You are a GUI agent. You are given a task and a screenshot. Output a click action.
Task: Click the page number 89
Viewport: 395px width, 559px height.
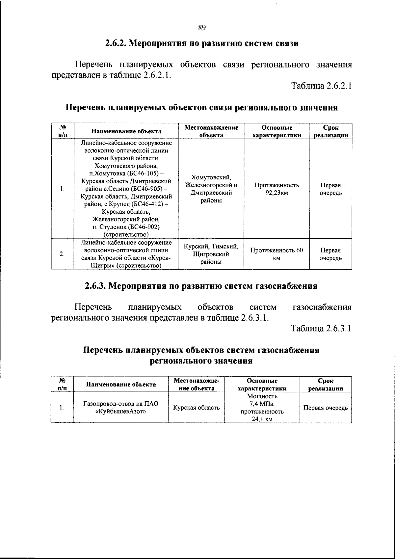pyautogui.click(x=202, y=28)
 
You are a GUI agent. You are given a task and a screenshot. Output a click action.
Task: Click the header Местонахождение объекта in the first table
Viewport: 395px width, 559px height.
pyautogui.click(x=211, y=131)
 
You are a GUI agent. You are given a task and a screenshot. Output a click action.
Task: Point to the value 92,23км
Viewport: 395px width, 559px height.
pyautogui.click(x=276, y=193)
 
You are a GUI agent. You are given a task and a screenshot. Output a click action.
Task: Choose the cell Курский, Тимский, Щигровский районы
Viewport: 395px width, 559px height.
pyautogui.click(x=211, y=254)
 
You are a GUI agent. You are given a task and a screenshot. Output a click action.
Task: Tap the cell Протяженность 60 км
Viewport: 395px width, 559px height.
pyautogui.click(x=276, y=254)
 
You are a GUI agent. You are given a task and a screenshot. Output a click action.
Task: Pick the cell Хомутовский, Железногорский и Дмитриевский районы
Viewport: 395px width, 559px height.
pyautogui.click(x=211, y=189)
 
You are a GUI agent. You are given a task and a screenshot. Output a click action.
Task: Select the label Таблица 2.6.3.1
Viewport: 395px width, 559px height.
pyautogui.click(x=321, y=328)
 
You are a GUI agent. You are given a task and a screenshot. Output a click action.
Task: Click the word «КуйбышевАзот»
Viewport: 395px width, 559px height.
pyautogui.click(x=121, y=411)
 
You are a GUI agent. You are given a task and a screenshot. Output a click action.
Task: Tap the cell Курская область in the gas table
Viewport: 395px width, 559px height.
pyautogui.click(x=197, y=408)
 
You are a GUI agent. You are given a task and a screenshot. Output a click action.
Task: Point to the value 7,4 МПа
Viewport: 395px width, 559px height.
pyautogui.click(x=262, y=404)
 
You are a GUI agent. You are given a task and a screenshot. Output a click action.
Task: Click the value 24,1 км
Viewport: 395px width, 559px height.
pyautogui.click(x=262, y=419)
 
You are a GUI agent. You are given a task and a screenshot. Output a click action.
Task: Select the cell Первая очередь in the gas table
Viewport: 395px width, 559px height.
pyautogui.click(x=325, y=408)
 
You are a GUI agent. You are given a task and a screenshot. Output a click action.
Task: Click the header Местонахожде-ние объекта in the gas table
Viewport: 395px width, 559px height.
pyautogui.click(x=196, y=385)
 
